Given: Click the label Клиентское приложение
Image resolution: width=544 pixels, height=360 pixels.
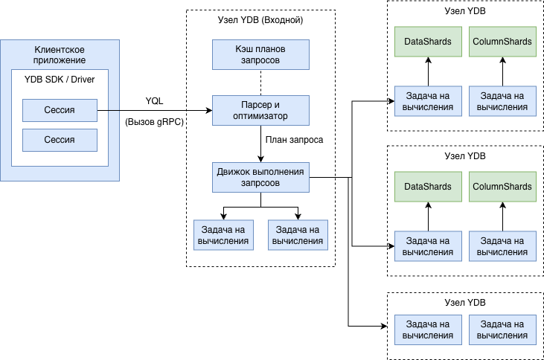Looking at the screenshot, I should [60, 54].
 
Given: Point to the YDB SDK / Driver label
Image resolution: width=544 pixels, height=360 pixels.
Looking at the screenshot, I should [60, 80].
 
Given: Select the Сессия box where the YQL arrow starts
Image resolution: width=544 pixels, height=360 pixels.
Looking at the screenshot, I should [60, 111].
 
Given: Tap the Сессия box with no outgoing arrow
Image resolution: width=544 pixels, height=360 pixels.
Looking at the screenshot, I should [60, 140].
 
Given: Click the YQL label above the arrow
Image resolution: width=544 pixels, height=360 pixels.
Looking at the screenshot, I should [155, 101].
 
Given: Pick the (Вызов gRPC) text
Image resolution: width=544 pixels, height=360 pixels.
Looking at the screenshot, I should [155, 122].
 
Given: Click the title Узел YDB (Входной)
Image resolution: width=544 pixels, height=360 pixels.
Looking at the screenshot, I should [260, 20].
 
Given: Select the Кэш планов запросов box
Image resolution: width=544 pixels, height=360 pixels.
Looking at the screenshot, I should [260, 54].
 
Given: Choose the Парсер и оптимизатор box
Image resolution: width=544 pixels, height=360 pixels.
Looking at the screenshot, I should [260, 110].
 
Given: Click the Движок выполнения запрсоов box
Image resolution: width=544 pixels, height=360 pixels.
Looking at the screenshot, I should [260, 177].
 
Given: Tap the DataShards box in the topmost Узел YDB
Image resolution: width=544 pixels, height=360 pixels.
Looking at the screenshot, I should [428, 42].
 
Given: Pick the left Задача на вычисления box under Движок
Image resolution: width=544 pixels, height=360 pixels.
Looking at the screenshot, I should [223, 235].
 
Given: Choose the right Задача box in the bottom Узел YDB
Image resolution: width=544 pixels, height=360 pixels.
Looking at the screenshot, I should [502, 330].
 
